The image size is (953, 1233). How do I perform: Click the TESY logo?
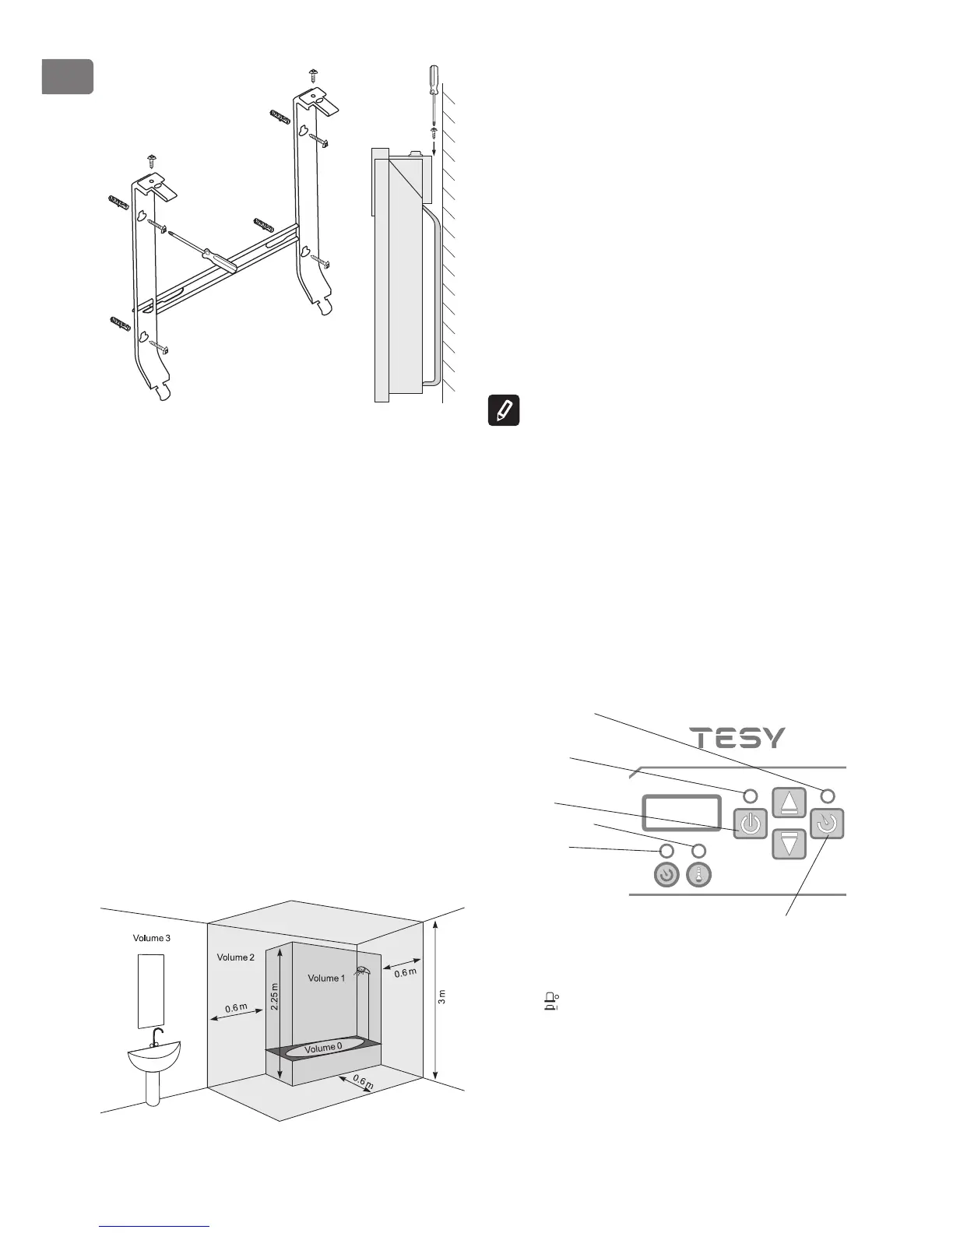[739, 738]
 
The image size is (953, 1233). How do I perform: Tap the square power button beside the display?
[750, 824]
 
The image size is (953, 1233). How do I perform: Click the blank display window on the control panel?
[680, 816]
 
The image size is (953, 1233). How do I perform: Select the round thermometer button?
[698, 875]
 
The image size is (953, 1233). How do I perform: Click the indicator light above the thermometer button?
[698, 849]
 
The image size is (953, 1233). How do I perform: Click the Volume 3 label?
[151, 938]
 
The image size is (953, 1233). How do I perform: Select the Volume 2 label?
[235, 957]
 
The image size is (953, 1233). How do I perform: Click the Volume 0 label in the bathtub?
[323, 1048]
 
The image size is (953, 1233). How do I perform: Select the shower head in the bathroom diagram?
[362, 971]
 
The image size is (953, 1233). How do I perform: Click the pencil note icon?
[503, 410]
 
